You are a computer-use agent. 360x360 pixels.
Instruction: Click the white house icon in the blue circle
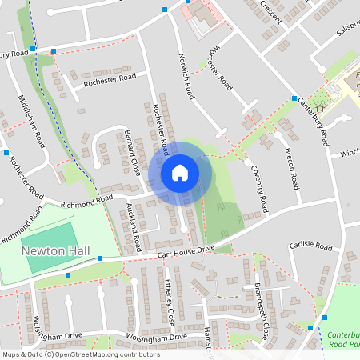[x=180, y=172]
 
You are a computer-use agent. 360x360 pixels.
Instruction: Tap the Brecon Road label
[x=292, y=170]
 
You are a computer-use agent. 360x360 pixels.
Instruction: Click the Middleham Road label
[x=32, y=120]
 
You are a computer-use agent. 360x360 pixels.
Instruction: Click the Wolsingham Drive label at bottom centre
[x=153, y=337]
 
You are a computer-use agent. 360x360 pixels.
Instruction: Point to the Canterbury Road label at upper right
[x=313, y=120]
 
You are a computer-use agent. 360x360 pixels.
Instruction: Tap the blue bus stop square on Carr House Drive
[x=100, y=258]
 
